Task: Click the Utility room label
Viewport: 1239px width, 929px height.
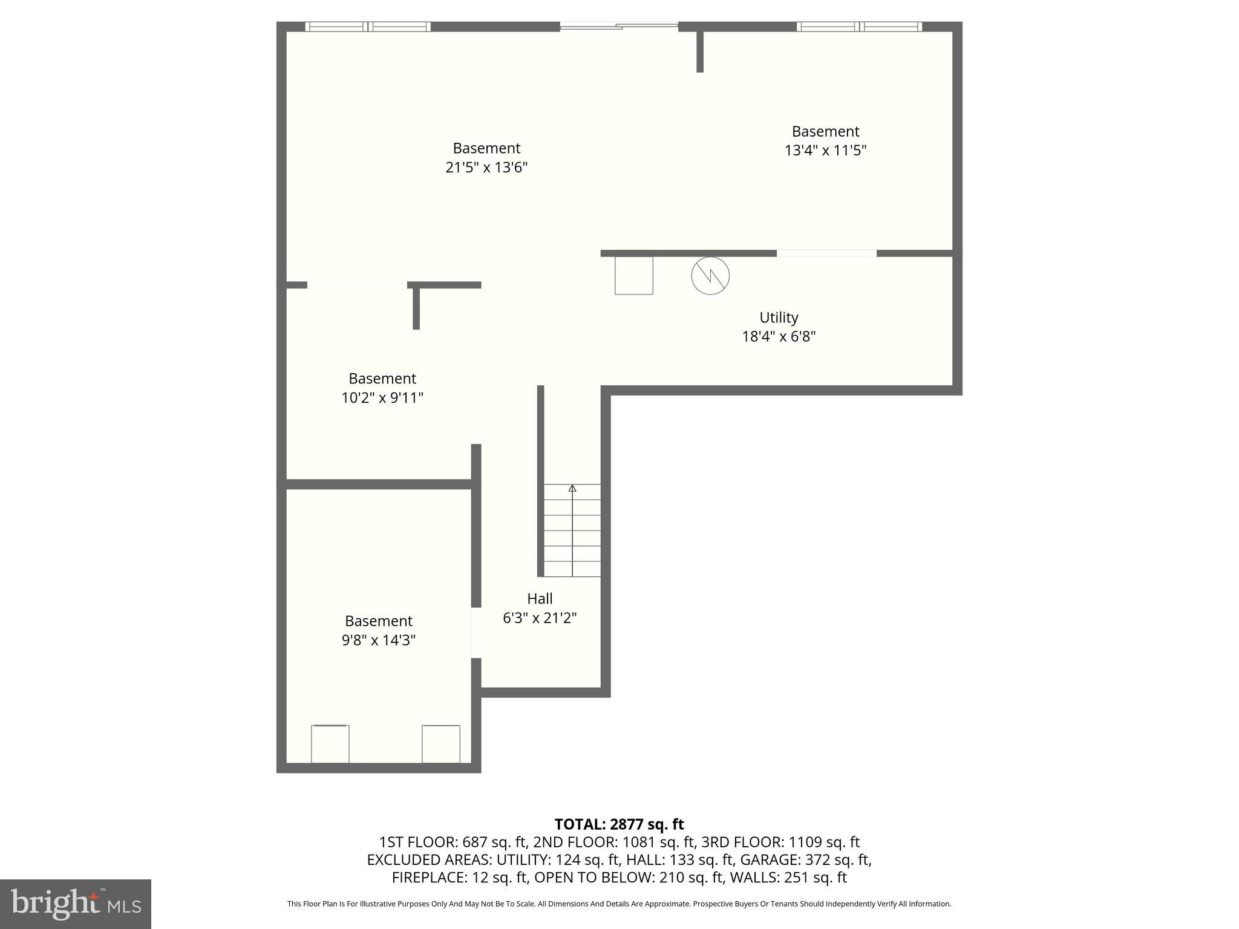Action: click(x=779, y=318)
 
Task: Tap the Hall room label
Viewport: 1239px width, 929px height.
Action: click(x=540, y=599)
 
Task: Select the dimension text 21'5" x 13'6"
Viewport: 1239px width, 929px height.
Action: click(x=486, y=168)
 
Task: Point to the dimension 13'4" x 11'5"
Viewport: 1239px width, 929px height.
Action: click(x=825, y=151)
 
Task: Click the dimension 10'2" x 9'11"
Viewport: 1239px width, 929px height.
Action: click(x=382, y=398)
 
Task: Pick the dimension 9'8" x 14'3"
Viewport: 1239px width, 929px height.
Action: click(x=379, y=641)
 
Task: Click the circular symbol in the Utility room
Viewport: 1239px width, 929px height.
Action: click(x=710, y=276)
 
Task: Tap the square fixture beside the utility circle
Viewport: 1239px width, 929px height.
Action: click(x=634, y=276)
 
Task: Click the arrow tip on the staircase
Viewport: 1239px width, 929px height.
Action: click(x=572, y=488)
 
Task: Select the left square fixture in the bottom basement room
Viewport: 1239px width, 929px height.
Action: click(x=330, y=744)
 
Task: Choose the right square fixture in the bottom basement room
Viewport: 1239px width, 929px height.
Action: click(x=441, y=744)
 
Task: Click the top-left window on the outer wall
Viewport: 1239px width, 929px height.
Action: click(x=368, y=27)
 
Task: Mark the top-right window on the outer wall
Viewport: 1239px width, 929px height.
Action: click(x=859, y=27)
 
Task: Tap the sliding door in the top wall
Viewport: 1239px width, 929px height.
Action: click(x=618, y=26)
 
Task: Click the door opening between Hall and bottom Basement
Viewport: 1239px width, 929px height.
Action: click(x=476, y=633)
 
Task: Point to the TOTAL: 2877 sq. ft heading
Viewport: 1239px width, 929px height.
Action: click(x=619, y=824)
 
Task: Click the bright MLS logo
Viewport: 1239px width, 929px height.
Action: click(x=76, y=904)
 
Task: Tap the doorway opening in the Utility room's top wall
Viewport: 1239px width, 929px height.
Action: click(x=826, y=253)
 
